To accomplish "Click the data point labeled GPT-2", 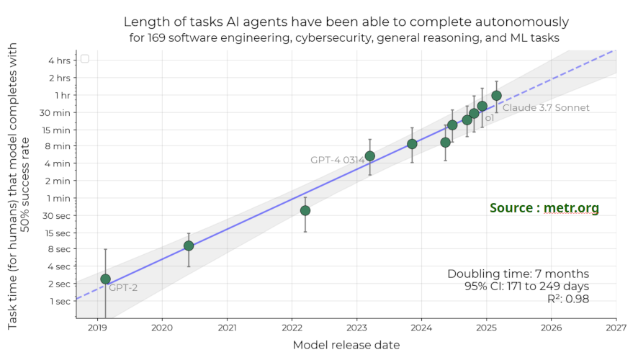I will click(x=105, y=279).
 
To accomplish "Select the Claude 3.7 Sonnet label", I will click(x=546, y=108).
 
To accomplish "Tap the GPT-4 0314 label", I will click(x=337, y=160).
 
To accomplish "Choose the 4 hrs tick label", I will click(x=59, y=60).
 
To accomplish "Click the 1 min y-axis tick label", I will click(x=59, y=198).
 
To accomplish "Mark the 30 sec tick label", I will click(x=57, y=215).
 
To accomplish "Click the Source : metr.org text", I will click(x=544, y=208).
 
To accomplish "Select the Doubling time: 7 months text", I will click(x=518, y=274).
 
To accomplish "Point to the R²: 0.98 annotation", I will click(x=568, y=299).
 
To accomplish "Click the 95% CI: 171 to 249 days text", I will click(x=527, y=287).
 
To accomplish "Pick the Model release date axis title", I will click(x=346, y=345).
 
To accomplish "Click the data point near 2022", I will click(x=305, y=210).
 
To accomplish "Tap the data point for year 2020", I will click(x=189, y=246).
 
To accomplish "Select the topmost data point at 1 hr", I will click(x=496, y=95).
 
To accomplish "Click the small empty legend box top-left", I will click(x=85, y=59).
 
